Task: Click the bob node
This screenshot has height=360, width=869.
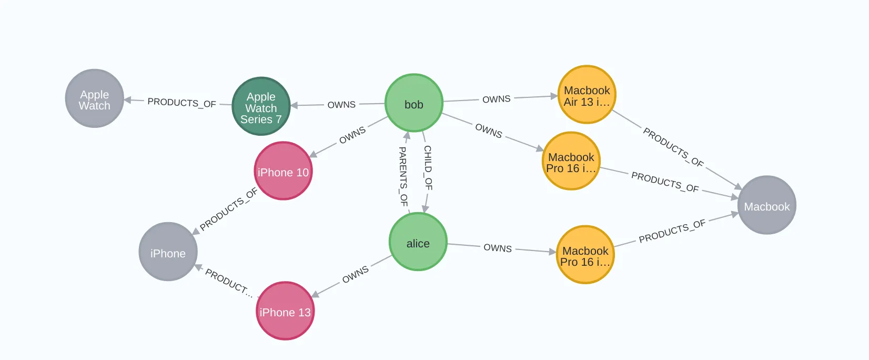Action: [414, 103]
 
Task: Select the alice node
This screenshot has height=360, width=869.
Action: [418, 242]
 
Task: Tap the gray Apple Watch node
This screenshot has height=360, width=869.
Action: [95, 98]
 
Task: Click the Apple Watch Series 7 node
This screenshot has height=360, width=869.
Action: [261, 106]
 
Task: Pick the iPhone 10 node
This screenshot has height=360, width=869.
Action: [283, 171]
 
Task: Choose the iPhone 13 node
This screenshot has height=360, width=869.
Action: [285, 311]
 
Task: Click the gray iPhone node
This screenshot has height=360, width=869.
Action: [168, 252]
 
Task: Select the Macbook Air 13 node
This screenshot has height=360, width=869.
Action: [587, 95]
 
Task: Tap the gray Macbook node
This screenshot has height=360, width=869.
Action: [767, 205]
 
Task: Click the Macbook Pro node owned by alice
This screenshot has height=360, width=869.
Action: [585, 255]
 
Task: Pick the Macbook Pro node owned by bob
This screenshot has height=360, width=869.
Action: [571, 161]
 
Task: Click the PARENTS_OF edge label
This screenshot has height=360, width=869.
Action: [403, 176]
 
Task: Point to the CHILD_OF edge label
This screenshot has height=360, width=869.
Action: [428, 168]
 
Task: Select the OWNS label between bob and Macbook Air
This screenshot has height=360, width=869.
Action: [496, 99]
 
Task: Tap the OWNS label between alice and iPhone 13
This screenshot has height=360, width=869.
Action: [356, 274]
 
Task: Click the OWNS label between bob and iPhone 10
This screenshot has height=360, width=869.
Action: [352, 135]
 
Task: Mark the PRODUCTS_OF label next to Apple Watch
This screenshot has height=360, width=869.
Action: [181, 102]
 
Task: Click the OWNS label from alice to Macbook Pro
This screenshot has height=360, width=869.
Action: [498, 248]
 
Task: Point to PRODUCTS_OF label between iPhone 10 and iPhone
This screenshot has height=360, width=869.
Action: [229, 209]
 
